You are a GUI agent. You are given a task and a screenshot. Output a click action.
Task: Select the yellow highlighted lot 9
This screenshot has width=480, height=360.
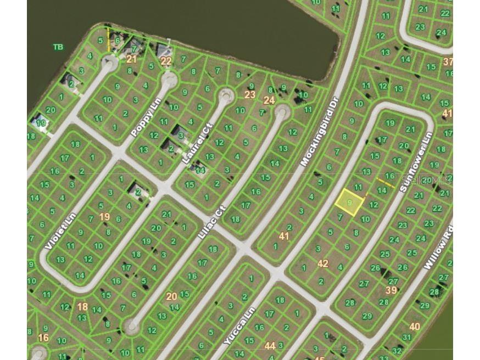[x=349, y=202]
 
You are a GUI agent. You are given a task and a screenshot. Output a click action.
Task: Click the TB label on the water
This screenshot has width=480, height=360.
[x=58, y=47]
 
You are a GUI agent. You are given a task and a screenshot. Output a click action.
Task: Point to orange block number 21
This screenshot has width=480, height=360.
[x=131, y=59]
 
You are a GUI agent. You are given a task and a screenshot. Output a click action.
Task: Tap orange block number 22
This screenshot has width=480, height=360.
[x=166, y=61]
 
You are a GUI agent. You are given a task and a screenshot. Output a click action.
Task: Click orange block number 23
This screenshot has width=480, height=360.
[x=250, y=94]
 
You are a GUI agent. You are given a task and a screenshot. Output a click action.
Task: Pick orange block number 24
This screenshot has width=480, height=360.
[x=269, y=100]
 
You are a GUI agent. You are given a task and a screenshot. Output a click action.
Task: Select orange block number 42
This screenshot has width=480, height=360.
[x=323, y=263]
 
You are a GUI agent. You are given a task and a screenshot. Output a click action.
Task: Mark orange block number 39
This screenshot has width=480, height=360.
[x=391, y=290]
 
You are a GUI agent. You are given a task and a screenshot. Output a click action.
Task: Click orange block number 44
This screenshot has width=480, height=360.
[x=270, y=346]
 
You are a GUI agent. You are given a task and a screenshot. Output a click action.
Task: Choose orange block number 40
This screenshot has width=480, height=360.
[x=415, y=327]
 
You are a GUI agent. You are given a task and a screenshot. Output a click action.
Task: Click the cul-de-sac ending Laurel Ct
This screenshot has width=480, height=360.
[x=226, y=95]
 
